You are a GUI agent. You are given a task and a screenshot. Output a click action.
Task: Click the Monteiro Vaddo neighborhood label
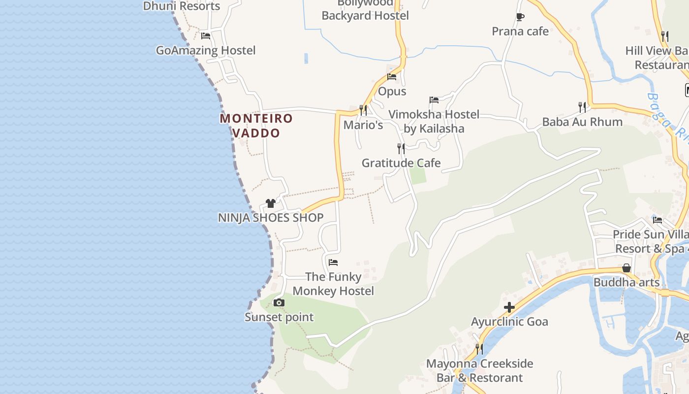pyautogui.click(x=256, y=126)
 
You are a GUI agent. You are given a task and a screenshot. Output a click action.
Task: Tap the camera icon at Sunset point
pyautogui.click(x=279, y=302)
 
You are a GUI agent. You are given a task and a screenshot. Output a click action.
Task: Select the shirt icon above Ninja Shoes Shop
pyautogui.click(x=270, y=203)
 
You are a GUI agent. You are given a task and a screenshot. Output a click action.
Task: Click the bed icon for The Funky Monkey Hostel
pyautogui.click(x=333, y=262)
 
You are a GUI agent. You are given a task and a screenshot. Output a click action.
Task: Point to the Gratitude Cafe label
pyautogui.click(x=401, y=163)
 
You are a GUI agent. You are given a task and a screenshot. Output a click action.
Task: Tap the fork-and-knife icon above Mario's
pyautogui.click(x=363, y=110)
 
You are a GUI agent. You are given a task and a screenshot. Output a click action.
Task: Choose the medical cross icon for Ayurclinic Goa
pyautogui.click(x=509, y=308)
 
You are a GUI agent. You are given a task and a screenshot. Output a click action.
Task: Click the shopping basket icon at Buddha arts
pyautogui.click(x=626, y=268)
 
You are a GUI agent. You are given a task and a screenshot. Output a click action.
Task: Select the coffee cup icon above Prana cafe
pyautogui.click(x=520, y=17)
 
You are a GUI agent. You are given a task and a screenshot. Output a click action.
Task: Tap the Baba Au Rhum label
pyautogui.click(x=582, y=122)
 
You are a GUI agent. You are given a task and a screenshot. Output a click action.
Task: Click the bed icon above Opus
pyautogui.click(x=392, y=76)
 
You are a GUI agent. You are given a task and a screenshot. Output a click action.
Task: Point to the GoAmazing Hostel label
pyautogui.click(x=206, y=50)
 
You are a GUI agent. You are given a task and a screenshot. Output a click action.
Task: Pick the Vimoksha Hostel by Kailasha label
pyautogui.click(x=434, y=122)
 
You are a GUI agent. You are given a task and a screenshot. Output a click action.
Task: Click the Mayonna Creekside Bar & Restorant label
pyautogui.click(x=479, y=371)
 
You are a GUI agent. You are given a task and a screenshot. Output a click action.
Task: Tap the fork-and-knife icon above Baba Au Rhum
pyautogui.click(x=582, y=106)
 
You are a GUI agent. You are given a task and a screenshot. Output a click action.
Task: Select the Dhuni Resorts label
pyautogui.click(x=182, y=6)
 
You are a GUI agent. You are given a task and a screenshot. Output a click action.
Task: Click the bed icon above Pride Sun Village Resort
pyautogui.click(x=658, y=220)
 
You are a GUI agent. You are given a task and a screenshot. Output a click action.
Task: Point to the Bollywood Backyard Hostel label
pyautogui.click(x=365, y=10)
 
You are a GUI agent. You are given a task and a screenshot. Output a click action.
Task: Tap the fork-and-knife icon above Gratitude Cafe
pyautogui.click(x=401, y=148)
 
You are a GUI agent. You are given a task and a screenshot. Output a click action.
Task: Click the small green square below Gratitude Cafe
pyautogui.click(x=418, y=175)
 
